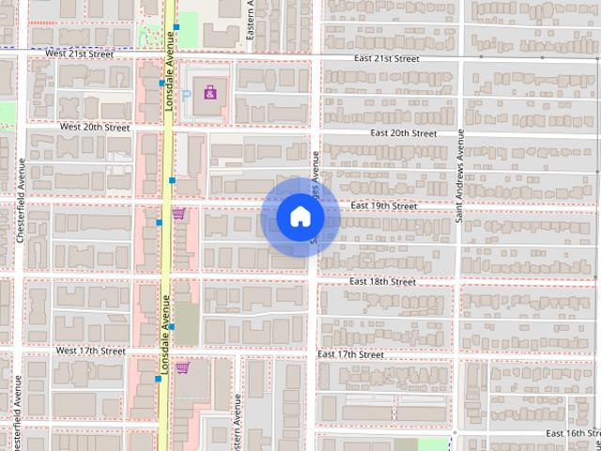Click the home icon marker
tap(300, 217)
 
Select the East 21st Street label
tap(386, 58)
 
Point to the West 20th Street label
tap(94, 126)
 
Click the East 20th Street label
tap(403, 133)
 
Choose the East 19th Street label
tap(383, 206)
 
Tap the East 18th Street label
tap(382, 281)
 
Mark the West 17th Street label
tap(90, 350)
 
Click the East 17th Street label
tap(350, 354)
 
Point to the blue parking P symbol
tap(186, 95)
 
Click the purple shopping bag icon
tap(211, 92)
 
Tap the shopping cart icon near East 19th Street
tap(178, 215)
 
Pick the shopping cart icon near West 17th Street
tap(182, 366)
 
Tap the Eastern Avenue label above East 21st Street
tap(251, 21)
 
